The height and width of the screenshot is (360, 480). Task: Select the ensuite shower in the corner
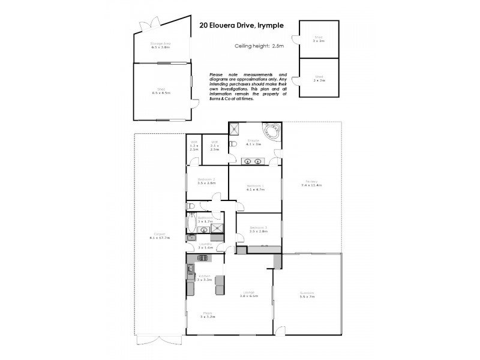[x=234, y=128]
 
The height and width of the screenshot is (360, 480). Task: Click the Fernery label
[x=311, y=181]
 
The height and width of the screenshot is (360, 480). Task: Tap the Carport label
[x=160, y=235]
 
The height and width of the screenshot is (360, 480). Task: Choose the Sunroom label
[x=307, y=293]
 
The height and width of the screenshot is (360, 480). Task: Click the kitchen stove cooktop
[x=202, y=258]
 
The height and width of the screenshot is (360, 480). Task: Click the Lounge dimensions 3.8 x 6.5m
[x=249, y=296]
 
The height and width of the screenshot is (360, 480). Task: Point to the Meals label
[x=207, y=313]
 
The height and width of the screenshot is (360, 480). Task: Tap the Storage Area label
[x=160, y=43]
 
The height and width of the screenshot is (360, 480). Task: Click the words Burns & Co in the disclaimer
[x=219, y=98]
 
